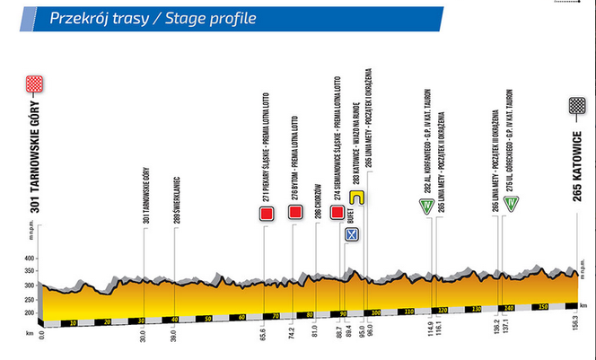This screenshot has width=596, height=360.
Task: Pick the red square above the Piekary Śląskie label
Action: [x=266, y=213]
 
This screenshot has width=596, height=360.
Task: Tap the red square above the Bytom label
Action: [x=294, y=213]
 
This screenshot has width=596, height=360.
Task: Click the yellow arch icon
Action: [x=355, y=197]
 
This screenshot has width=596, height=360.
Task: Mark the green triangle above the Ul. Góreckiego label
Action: [x=510, y=206]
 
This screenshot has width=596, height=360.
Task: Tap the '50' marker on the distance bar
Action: [x=208, y=318]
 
